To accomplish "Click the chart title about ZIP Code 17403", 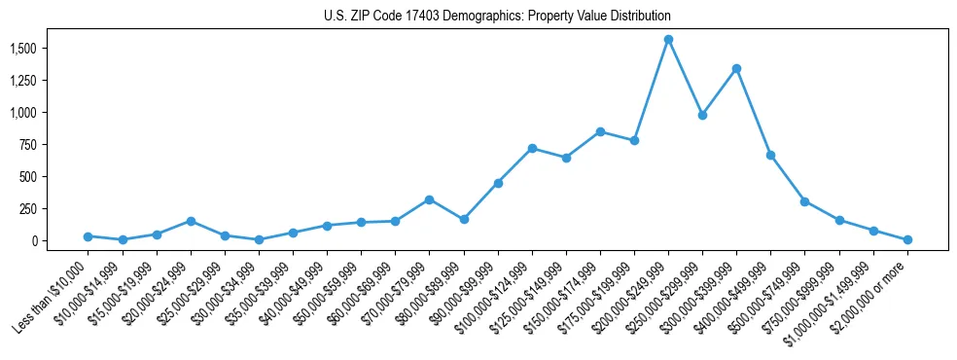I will click(497, 17).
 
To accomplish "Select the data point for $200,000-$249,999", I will click(668, 40).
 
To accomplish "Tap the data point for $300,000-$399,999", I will click(736, 68).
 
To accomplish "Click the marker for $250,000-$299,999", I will click(702, 115).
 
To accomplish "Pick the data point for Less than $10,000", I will click(89, 236).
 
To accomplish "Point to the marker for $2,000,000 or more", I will click(907, 239).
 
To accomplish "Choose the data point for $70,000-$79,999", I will click(429, 199).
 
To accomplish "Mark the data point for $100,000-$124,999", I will click(532, 148).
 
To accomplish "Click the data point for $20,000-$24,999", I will click(191, 221).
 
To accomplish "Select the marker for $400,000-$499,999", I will click(770, 155).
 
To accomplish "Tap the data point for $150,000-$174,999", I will click(600, 131).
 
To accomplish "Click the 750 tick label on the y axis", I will click(28, 145).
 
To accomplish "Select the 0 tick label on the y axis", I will click(35, 241).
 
